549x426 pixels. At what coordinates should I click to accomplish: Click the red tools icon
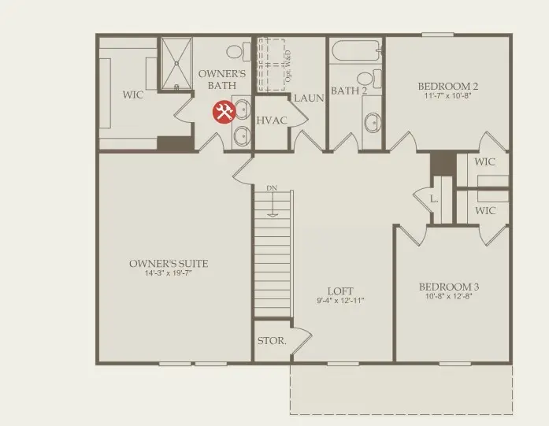coord(224,112)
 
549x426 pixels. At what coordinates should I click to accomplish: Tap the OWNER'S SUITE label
coord(169,264)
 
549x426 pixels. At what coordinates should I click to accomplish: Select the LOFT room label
coord(341,290)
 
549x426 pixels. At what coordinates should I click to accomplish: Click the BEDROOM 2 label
coord(448,87)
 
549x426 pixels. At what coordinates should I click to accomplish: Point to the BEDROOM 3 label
coord(449,287)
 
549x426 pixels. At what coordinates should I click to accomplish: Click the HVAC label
coord(272,120)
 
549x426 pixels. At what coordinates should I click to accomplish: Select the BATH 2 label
coord(349,91)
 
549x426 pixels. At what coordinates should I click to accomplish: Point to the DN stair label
coord(272,188)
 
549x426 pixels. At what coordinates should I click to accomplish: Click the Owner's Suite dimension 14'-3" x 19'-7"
coord(169,274)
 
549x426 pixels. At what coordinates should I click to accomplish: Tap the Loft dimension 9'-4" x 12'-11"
coord(341,301)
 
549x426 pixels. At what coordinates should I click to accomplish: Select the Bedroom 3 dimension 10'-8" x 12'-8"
coord(449,298)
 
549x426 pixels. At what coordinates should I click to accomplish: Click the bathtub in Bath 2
coord(355,53)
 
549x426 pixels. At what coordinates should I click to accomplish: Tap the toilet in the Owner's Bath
coord(235,52)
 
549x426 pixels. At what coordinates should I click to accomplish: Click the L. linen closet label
coord(434,198)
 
